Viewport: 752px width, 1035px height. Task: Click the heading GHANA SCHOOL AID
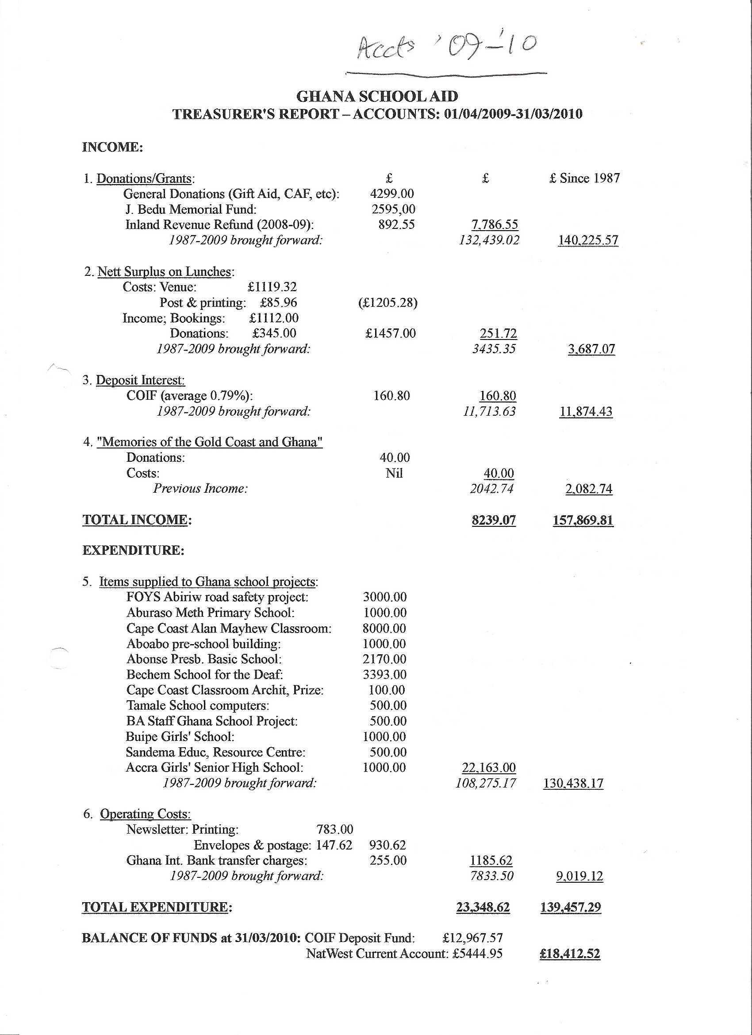(377, 97)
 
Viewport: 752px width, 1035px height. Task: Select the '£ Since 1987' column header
(584, 178)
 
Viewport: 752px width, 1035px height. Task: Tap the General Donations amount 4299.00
(392, 194)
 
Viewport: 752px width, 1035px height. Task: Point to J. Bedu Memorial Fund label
(191, 209)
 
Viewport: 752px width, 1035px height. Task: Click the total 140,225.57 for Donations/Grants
(588, 240)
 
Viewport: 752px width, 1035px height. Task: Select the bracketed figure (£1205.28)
(388, 302)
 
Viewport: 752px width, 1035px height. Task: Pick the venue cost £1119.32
(272, 287)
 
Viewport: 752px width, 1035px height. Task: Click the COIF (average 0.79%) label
(189, 396)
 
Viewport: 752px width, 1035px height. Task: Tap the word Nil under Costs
(394, 473)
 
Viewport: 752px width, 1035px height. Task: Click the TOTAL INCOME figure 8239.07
(494, 520)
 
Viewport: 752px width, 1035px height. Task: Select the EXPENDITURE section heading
(133, 550)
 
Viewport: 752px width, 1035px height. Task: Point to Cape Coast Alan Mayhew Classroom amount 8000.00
(384, 629)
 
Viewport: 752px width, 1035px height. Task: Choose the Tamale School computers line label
(197, 706)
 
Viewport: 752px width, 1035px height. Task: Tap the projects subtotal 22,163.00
(488, 768)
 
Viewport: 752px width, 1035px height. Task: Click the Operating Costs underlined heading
(145, 814)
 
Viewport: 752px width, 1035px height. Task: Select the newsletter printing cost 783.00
(335, 829)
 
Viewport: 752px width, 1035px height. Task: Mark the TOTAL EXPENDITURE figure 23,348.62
(483, 907)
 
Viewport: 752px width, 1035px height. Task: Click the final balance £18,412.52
(570, 954)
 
